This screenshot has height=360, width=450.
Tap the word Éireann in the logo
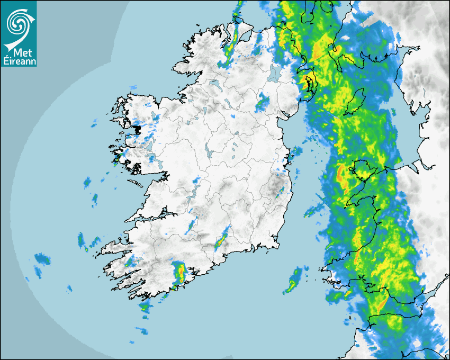[19, 61]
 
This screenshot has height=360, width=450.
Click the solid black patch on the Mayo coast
[137, 129]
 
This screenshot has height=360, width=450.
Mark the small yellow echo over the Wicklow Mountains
[282, 190]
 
